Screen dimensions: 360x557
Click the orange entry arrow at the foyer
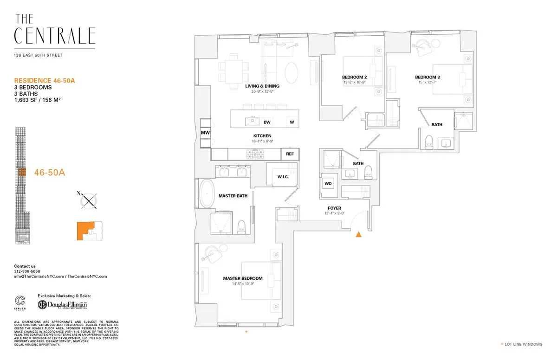pyautogui.click(x=358, y=235)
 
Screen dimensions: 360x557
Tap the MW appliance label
pyautogui.click(x=205, y=133)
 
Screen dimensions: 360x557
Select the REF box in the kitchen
pyautogui.click(x=290, y=154)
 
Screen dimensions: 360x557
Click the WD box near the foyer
pyautogui.click(x=328, y=184)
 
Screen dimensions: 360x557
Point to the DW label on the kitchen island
pyautogui.click(x=267, y=122)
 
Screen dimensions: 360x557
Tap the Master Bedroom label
pyautogui.click(x=242, y=278)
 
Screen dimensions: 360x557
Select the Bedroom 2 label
pyautogui.click(x=355, y=77)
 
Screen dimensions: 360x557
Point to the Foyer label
pyautogui.click(x=334, y=208)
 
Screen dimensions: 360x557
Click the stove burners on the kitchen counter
pyautogui.click(x=254, y=153)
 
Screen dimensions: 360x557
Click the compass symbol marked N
pyautogui.click(x=88, y=200)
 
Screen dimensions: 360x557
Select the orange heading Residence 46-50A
pyautogui.click(x=45, y=80)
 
